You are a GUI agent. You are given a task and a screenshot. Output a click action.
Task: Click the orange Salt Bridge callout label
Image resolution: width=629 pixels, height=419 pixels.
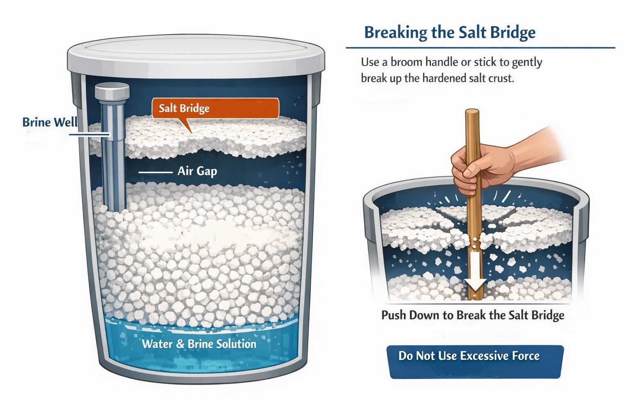click(x=215, y=108)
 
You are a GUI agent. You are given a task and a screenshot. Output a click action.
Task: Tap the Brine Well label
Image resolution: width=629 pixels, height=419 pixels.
click(x=50, y=122)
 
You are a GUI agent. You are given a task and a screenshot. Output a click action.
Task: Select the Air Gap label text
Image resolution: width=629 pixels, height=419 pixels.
click(x=197, y=171)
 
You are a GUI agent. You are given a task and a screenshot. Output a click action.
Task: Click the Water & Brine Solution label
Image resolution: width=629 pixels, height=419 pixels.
click(x=199, y=344)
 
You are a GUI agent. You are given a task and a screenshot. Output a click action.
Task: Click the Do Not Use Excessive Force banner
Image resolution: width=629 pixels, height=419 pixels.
click(x=475, y=362)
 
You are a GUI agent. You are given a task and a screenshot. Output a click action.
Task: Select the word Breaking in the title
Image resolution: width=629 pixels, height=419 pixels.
click(x=396, y=33)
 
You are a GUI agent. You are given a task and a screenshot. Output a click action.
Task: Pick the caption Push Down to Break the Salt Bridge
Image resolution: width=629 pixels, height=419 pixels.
click(x=473, y=315)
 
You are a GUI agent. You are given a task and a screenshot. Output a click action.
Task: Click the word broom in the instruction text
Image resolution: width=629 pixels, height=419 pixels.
click(x=407, y=62)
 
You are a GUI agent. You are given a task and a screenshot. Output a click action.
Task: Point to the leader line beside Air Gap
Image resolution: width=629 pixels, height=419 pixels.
click(x=156, y=172)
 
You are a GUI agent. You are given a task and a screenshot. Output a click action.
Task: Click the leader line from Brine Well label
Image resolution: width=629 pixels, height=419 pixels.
click(x=89, y=135)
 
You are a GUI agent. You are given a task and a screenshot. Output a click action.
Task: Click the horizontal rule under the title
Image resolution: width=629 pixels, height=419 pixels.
click(x=480, y=48)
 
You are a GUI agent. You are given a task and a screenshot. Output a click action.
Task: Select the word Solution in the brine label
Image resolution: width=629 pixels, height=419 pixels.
click(x=234, y=344)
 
